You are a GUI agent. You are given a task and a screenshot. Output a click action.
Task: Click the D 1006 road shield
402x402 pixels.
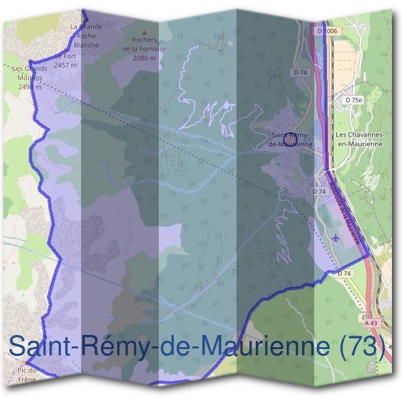(x=328, y=31)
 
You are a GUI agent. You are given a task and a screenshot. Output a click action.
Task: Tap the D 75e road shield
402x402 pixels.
(x=354, y=99)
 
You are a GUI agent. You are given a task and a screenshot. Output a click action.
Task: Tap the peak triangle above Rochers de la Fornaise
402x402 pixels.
(x=143, y=30)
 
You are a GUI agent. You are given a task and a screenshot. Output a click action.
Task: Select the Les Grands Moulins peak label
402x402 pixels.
(x=30, y=72)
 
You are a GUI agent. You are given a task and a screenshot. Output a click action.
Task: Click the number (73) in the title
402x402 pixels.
(x=361, y=347)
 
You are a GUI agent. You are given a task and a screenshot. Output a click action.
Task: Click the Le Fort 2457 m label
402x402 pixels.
(x=65, y=61)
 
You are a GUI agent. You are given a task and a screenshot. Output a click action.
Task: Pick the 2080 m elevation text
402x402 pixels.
(x=144, y=58)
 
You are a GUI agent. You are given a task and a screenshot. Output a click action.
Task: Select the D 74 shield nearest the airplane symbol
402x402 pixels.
(x=344, y=273)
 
